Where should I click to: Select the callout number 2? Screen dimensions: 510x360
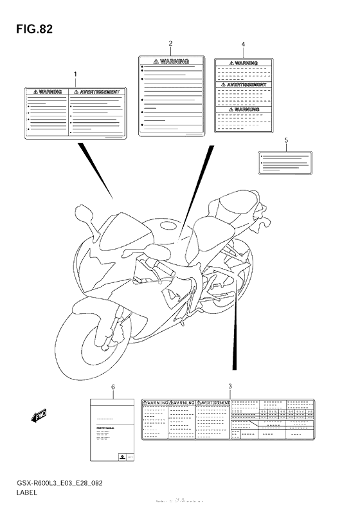(170, 44)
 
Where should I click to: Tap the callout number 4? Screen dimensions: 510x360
(243, 44)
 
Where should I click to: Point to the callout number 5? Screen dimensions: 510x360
(285, 140)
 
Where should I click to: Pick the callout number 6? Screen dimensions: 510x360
(113, 387)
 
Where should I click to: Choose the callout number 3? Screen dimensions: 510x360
(230, 386)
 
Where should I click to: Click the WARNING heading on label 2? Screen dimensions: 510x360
(170, 62)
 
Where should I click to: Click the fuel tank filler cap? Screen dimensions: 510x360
(169, 224)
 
